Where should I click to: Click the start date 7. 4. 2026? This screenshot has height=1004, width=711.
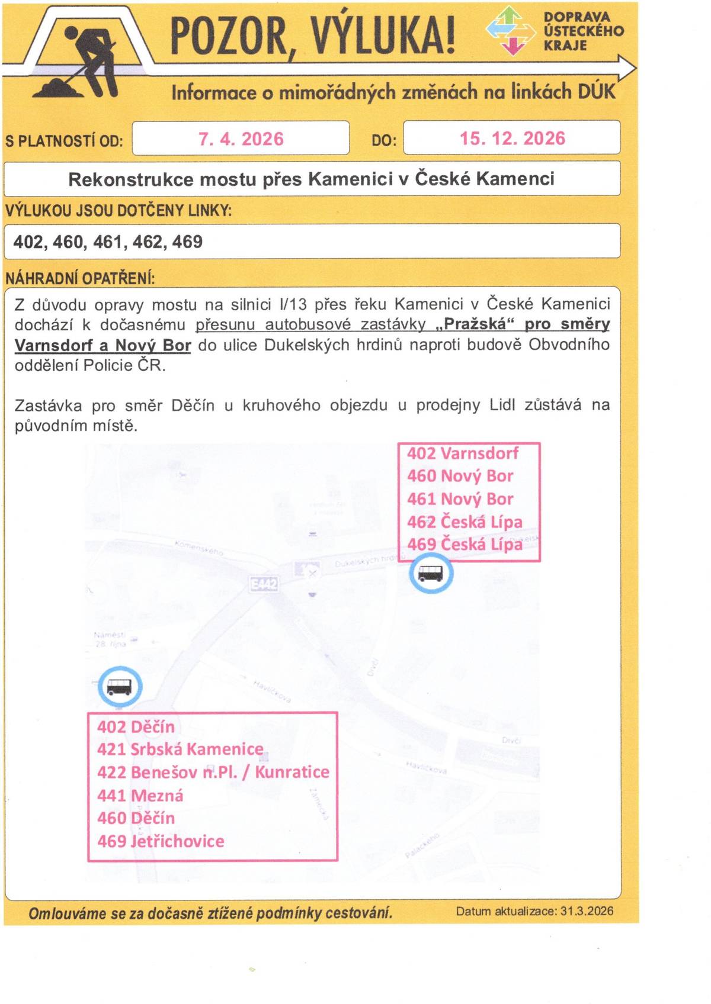tap(241, 139)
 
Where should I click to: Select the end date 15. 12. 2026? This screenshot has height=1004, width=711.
tap(512, 139)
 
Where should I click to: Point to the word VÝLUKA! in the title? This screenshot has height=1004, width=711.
tap(383, 35)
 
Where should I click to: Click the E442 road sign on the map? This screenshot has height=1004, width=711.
tap(264, 585)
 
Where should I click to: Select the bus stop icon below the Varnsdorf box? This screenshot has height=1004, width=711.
tap(431, 574)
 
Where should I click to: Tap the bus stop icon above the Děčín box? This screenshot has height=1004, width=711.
tap(119, 687)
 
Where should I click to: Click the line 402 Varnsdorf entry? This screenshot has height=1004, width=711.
tap(462, 453)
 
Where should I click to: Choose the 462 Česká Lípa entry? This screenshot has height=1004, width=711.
tap(465, 522)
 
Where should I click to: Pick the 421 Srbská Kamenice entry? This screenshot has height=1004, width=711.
tap(180, 749)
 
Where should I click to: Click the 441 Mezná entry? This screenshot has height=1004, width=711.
tap(140, 796)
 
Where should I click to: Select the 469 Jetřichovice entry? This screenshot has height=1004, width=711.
tap(161, 841)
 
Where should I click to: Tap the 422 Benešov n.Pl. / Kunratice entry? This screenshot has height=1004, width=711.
tap(213, 773)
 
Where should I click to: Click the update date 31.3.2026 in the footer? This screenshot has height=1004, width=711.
tap(586, 911)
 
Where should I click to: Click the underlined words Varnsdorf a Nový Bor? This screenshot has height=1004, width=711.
tap(103, 346)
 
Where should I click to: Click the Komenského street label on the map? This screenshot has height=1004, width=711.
tap(199, 547)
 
